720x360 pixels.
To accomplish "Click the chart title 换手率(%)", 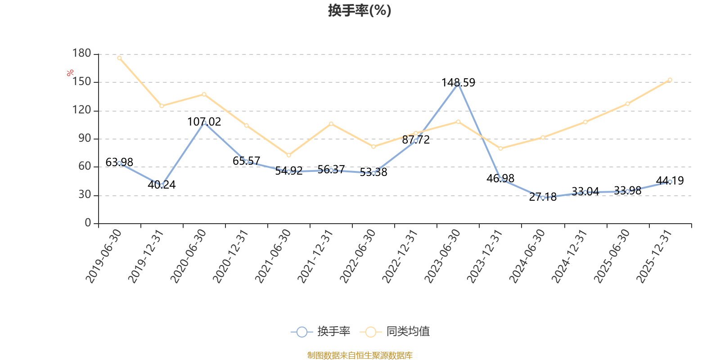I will (360, 10).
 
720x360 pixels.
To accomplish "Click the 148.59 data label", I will (458, 83).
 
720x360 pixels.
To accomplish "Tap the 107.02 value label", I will (204, 122).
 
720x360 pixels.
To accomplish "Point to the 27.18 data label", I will (543, 197).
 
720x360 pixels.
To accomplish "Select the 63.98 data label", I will (119, 162).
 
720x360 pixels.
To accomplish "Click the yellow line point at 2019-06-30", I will (119, 58).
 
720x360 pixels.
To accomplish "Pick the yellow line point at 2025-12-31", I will (670, 80).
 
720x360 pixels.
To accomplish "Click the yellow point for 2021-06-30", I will (289, 155).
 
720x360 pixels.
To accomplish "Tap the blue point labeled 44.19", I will (670, 182).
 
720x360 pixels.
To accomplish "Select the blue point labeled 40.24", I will (162, 185).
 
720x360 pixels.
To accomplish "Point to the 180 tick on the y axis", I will (81, 54).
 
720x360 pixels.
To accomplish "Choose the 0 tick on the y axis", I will (88, 223).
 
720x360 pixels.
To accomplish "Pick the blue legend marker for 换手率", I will (302, 332).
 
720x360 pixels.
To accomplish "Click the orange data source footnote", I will (360, 355).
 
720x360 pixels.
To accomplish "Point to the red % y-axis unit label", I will (70, 73).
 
